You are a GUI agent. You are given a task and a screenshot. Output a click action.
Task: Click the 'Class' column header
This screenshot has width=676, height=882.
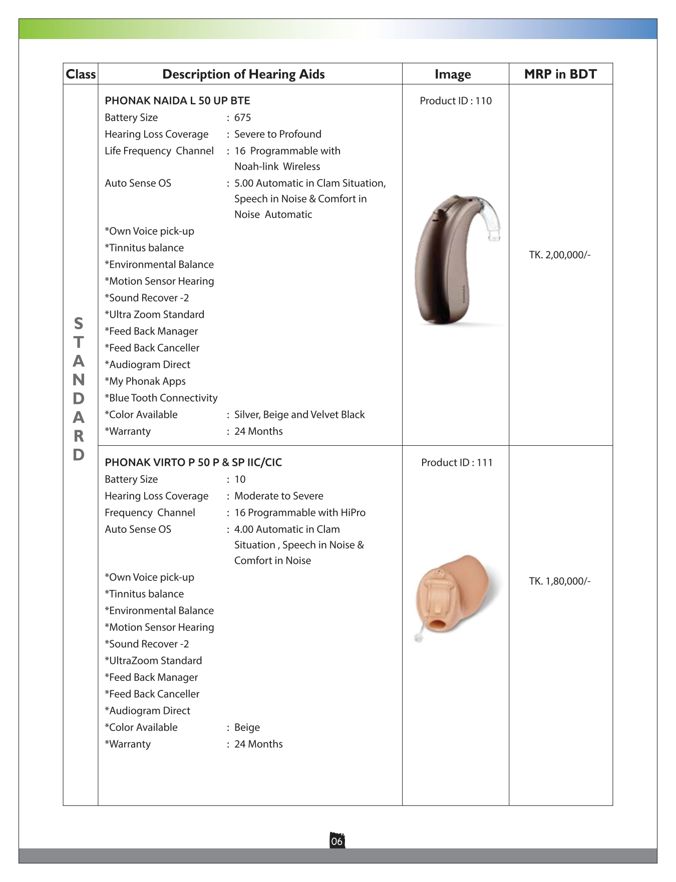81,74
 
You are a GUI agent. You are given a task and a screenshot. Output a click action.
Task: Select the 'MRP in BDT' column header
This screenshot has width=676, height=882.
560,74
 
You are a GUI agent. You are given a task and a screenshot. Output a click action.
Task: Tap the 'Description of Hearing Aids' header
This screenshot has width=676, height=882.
243,74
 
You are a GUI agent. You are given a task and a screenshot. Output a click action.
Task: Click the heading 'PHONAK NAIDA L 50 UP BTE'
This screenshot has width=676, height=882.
177,101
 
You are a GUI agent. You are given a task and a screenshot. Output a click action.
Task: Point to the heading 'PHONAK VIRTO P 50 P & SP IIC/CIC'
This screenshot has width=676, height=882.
193,462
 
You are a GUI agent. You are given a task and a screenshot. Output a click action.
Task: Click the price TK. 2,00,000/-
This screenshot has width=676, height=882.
560,255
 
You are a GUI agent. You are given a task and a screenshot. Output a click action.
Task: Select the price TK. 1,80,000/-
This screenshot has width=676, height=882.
560,581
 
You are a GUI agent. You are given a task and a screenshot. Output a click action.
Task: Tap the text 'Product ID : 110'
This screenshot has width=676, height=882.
456,101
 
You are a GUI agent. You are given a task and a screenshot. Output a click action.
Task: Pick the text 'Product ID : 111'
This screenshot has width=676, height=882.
457,462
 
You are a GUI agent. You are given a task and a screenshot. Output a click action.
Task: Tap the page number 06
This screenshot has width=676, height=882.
337,841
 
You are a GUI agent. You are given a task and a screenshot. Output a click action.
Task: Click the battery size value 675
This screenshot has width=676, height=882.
242,118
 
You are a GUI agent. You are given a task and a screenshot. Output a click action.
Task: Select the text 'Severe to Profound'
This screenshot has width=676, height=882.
278,134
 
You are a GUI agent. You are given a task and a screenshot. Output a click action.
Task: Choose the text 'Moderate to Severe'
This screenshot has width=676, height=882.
279,496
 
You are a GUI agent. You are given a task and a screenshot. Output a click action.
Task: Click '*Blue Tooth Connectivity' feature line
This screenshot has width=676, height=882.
161,398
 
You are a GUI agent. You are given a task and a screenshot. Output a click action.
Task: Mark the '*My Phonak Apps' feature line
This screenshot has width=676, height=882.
145,381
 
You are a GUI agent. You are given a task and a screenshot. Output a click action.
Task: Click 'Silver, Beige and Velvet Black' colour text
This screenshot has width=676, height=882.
299,415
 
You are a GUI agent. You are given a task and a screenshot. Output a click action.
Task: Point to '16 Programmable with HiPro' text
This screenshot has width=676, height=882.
300,513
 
